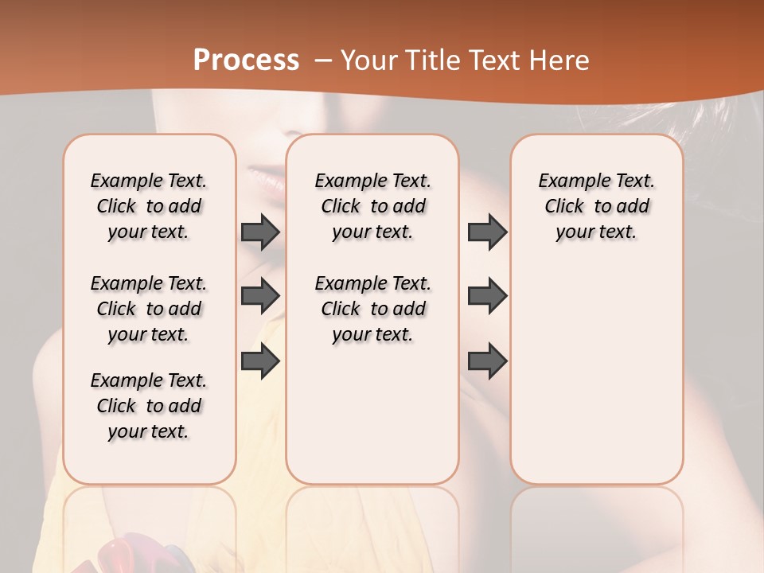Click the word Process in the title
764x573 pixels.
click(246, 60)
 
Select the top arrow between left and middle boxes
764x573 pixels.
click(260, 232)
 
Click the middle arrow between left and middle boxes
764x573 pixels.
click(260, 296)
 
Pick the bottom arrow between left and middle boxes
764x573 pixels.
click(260, 361)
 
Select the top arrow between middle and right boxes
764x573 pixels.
click(487, 232)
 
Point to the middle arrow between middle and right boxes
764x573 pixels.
click(487, 296)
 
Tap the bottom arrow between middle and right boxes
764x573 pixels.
click(487, 361)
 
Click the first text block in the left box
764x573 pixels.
click(149, 206)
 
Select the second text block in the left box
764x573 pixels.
click(149, 309)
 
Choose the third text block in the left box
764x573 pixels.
click(149, 406)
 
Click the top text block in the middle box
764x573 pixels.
click(372, 206)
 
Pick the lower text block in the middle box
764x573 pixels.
click(372, 309)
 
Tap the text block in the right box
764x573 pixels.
click(597, 206)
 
